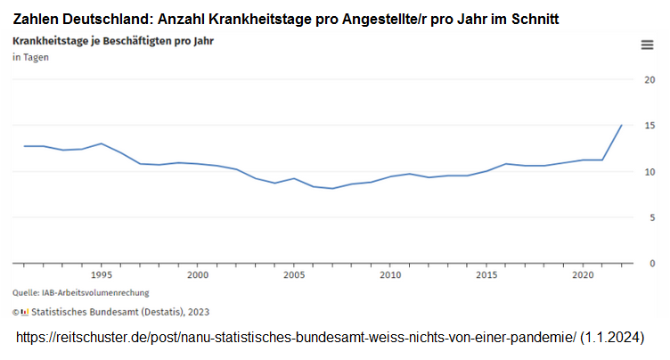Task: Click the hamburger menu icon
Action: (648, 45)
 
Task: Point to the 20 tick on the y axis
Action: (650, 79)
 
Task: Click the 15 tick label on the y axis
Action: (650, 126)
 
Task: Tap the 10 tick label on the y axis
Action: (650, 171)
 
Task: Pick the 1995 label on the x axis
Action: (101, 275)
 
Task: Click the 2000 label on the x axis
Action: (197, 275)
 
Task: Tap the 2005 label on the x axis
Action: (293, 275)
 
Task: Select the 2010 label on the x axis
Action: (390, 275)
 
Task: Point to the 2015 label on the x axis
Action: (486, 275)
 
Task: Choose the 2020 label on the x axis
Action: (583, 275)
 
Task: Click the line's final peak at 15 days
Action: (621, 126)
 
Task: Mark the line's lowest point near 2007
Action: (332, 188)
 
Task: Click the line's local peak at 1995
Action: (101, 143)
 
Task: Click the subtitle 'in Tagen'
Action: (30, 58)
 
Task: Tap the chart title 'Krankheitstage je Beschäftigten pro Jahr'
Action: (112, 41)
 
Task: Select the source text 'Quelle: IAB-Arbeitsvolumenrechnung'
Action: (80, 292)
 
